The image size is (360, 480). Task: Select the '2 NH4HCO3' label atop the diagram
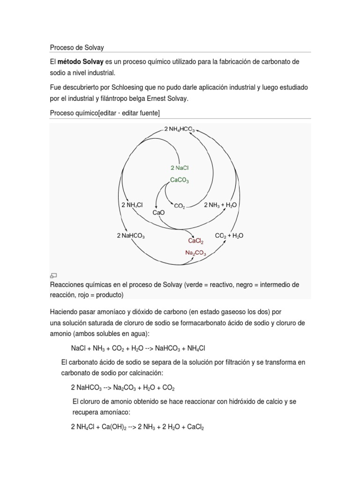tap(179, 130)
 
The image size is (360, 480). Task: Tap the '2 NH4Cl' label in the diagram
tap(133, 205)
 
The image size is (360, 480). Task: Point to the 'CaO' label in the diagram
tap(159, 212)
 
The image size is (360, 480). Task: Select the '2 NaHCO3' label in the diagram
tap(131, 236)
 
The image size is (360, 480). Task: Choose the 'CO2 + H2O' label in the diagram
tap(229, 236)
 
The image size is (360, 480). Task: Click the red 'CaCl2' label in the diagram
tap(195, 240)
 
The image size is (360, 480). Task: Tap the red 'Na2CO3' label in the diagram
tap(195, 252)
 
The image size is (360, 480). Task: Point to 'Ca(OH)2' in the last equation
tap(112, 427)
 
